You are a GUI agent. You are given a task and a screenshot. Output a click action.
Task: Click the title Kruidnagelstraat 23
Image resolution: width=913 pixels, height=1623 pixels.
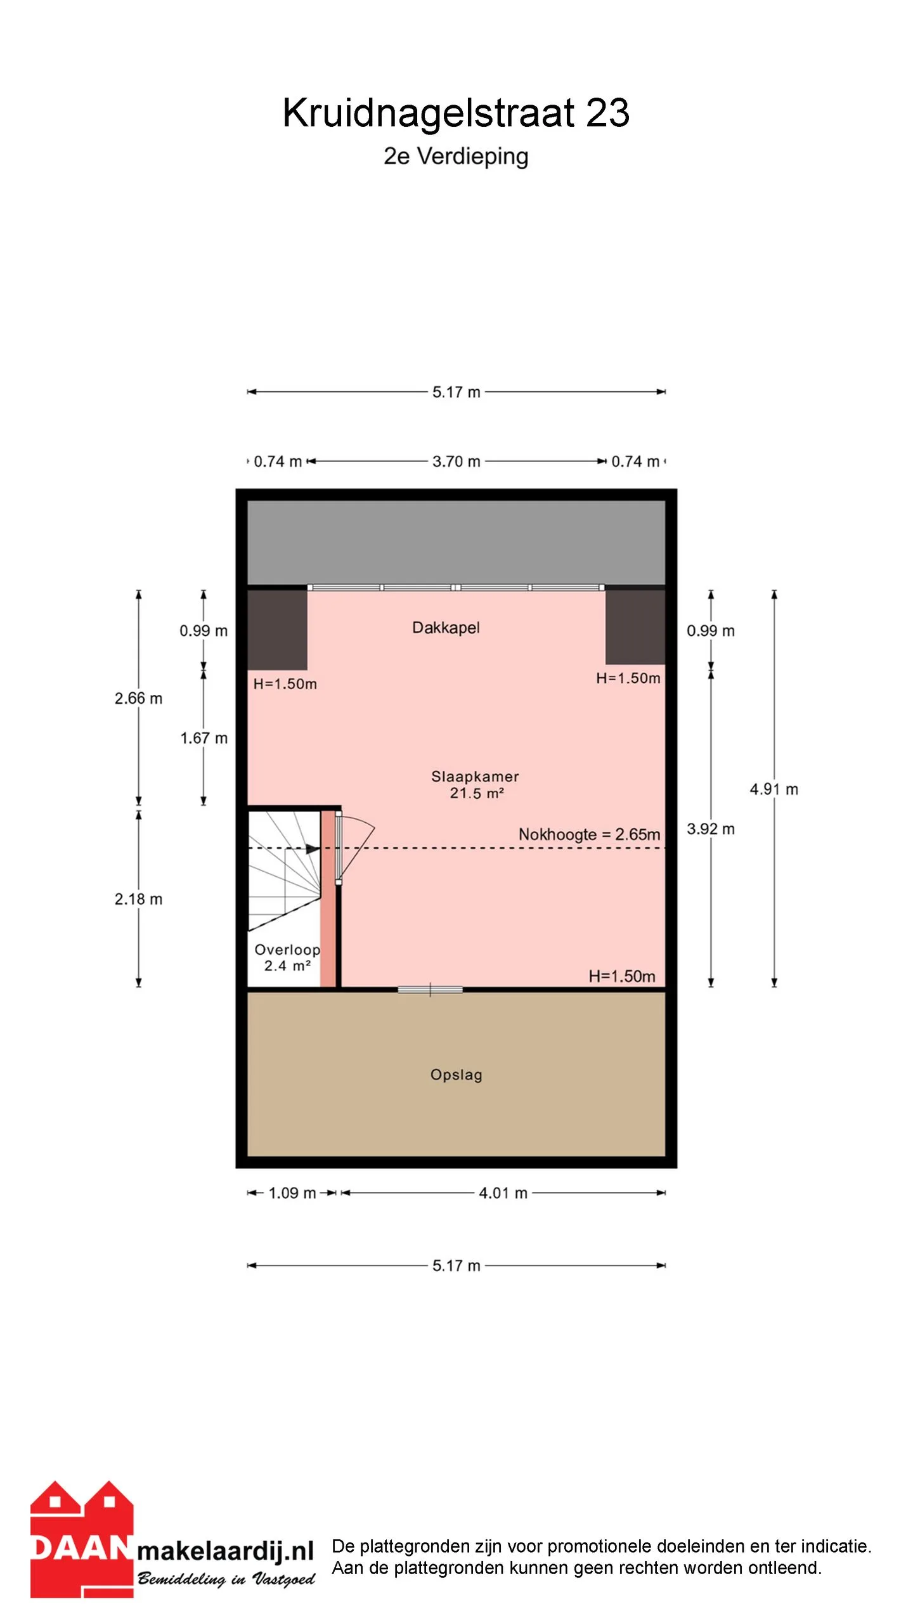point(456,113)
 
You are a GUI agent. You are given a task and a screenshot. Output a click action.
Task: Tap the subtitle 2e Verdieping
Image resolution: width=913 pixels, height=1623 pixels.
point(456,156)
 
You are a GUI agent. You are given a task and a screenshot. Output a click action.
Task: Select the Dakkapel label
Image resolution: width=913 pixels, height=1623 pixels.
point(446,628)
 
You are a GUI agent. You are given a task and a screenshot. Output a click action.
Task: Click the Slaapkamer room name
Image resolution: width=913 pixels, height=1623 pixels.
point(475,776)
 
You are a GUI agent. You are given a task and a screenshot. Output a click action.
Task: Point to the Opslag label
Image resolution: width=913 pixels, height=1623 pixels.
point(456,1075)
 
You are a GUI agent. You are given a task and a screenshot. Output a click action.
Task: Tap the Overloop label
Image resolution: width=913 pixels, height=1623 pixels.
point(287,949)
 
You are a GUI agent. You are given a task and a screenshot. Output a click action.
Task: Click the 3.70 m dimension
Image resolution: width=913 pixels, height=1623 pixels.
point(456,462)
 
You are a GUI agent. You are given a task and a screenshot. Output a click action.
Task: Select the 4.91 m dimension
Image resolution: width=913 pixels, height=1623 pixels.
point(774,789)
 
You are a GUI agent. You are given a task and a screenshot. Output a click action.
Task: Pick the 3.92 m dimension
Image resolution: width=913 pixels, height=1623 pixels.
point(711,829)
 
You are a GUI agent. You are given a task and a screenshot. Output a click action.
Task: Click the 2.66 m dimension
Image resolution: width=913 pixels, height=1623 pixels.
point(138,698)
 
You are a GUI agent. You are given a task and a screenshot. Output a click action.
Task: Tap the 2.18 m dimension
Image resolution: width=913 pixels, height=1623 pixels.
point(138,899)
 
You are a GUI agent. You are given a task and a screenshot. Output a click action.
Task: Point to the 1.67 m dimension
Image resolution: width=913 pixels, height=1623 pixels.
point(204,738)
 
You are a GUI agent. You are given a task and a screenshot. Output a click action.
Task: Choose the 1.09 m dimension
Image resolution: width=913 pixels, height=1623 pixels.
point(292,1193)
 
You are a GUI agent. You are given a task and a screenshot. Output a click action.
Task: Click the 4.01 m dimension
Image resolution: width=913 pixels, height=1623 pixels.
point(503,1193)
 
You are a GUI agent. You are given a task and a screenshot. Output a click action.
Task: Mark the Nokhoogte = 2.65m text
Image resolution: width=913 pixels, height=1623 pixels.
point(590,834)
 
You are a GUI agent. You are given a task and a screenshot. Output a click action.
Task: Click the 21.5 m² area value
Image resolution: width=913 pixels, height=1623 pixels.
point(477,792)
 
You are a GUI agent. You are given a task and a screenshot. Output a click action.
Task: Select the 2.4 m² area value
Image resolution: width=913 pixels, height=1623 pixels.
point(287,966)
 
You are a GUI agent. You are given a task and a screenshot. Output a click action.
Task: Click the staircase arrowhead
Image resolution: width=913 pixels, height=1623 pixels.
point(313,849)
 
